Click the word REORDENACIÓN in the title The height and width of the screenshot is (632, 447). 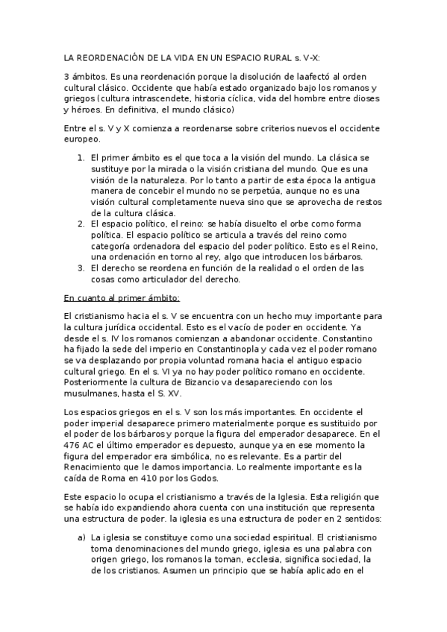coord(110,57)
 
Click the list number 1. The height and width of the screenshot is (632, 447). coord(81,158)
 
